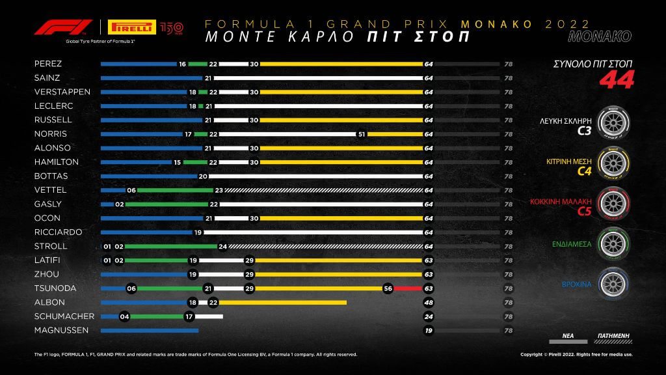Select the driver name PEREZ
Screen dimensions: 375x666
[x=48, y=64]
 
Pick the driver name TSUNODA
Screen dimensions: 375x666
[x=54, y=288]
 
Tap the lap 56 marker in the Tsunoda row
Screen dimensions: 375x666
[x=388, y=288]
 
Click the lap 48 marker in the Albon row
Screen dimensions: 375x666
[x=429, y=302]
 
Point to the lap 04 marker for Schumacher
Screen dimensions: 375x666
[x=124, y=316]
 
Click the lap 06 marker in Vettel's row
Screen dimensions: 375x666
[x=131, y=190]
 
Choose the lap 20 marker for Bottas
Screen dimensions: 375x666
[x=203, y=176]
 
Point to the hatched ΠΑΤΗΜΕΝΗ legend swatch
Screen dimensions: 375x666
[x=614, y=340]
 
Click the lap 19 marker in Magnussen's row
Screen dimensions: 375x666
[x=429, y=331]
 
